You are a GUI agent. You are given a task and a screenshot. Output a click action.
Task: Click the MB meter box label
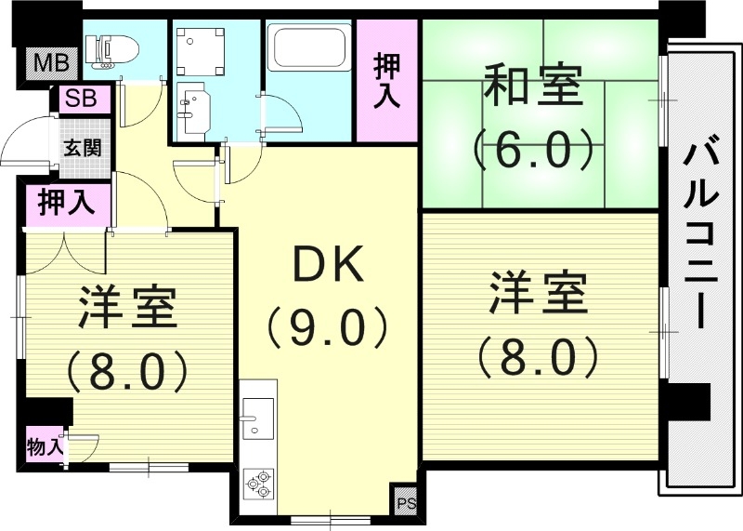[43, 63]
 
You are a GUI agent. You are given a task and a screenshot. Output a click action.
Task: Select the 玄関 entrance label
[82, 147]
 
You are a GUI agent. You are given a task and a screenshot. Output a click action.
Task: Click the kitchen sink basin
[258, 411]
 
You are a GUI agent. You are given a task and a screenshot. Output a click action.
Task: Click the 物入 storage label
[46, 445]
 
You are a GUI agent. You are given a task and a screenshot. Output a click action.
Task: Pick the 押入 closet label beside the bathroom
[387, 82]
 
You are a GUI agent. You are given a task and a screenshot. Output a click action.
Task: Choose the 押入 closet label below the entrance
[67, 204]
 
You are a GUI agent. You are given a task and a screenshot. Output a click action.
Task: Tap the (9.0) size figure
[326, 325]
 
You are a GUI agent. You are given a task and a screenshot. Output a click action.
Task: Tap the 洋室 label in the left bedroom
[127, 307]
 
